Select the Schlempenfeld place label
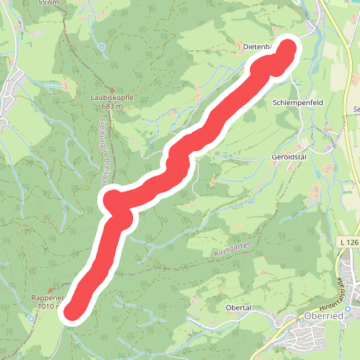click(298, 103)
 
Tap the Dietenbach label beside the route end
click(255, 48)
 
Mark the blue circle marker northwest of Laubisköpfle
click(102, 47)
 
